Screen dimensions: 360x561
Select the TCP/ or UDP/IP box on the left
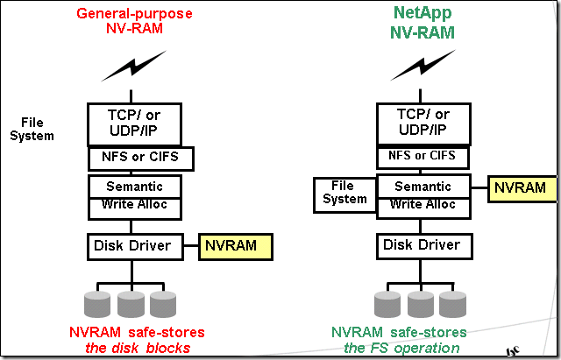tap(135, 123)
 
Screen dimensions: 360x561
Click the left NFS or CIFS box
tap(140, 159)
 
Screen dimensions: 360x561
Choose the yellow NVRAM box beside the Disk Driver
tap(237, 246)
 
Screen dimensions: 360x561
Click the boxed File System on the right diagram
tap(344, 193)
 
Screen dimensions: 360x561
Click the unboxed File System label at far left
tap(38, 129)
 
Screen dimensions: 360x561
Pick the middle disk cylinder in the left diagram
tap(131, 303)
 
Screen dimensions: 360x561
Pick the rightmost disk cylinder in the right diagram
tap(453, 303)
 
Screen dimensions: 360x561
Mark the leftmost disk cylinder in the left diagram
tap(98, 303)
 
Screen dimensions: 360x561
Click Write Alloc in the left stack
tap(135, 205)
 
